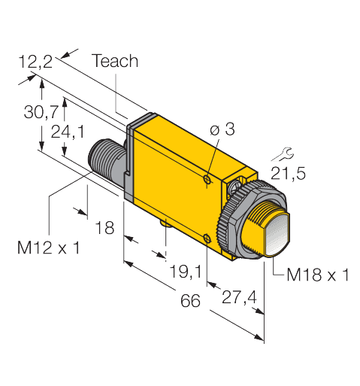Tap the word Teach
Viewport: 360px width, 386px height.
(x=115, y=62)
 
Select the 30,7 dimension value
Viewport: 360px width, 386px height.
(x=40, y=112)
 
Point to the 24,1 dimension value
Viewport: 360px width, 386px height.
(x=84, y=131)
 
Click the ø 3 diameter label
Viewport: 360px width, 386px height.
(x=223, y=131)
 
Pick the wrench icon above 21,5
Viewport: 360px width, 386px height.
(x=282, y=155)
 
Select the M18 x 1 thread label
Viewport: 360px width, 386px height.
(x=317, y=275)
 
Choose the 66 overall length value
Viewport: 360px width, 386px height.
(x=191, y=302)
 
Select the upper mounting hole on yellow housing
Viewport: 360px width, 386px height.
(x=207, y=178)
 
